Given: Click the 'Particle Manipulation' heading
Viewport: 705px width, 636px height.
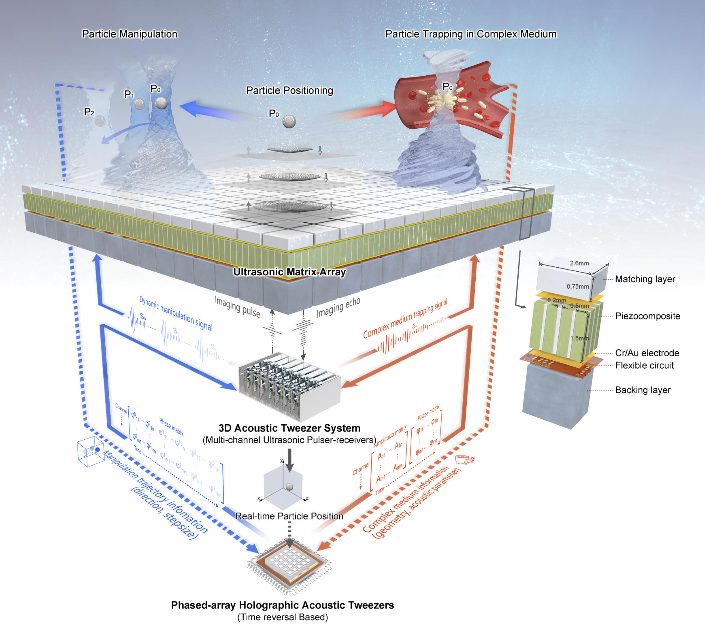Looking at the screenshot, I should click(x=129, y=34).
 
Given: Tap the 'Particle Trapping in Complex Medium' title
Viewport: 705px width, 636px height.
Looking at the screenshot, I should click(x=471, y=34).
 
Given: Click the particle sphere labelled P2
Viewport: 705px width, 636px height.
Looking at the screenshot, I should click(x=100, y=121).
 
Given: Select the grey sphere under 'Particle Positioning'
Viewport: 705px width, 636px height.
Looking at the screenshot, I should click(x=289, y=121).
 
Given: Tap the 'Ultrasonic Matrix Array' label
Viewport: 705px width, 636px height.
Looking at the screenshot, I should click(x=289, y=272).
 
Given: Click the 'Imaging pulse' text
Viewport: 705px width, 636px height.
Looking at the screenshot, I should click(x=238, y=307).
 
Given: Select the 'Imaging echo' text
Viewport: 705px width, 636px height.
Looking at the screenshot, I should click(x=338, y=307).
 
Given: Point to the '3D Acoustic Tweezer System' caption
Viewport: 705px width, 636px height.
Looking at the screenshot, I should click(x=289, y=428).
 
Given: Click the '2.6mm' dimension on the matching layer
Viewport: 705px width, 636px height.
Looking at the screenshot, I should click(x=579, y=263).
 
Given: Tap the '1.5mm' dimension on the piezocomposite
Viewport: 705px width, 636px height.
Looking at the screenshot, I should click(x=579, y=338).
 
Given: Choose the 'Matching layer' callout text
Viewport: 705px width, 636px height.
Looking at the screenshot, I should click(x=645, y=279).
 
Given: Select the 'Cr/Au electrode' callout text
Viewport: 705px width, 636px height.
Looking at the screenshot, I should click(x=647, y=353).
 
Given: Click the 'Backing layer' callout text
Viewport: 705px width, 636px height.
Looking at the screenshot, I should click(x=643, y=390).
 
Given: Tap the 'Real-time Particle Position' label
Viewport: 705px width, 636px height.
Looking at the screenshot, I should click(x=289, y=516).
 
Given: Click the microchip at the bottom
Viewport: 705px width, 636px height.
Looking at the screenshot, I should click(x=289, y=562).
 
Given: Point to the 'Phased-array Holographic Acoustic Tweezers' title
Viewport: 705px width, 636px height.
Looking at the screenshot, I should click(x=282, y=605).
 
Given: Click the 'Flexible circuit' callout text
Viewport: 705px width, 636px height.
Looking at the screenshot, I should click(x=644, y=365).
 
